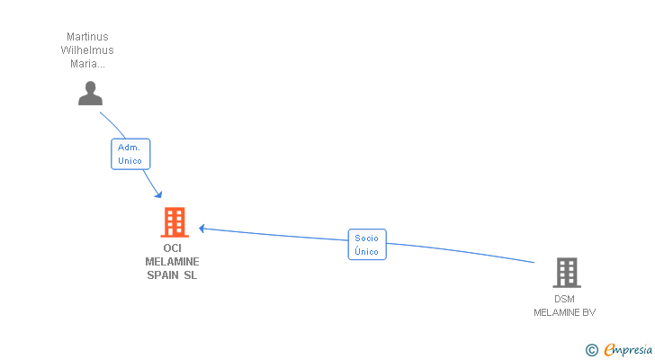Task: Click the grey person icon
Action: [90, 93]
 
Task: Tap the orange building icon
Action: [175, 222]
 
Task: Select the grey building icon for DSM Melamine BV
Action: [567, 273]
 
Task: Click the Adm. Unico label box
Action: [130, 154]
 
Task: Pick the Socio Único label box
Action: [367, 244]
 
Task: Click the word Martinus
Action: [88, 37]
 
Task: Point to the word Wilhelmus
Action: [87, 50]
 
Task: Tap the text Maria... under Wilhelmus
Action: [87, 64]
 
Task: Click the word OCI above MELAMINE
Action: [172, 248]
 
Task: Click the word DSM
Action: [564, 299]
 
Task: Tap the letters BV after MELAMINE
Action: [589, 312]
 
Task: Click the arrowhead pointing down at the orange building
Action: [158, 194]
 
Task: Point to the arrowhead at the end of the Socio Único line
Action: [202, 229]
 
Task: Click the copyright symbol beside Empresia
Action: [591, 349]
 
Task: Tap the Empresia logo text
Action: [628, 349]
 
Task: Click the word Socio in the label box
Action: [366, 238]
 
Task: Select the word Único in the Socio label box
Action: [366, 251]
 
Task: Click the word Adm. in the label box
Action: [129, 148]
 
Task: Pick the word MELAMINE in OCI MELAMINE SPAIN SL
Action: [172, 261]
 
